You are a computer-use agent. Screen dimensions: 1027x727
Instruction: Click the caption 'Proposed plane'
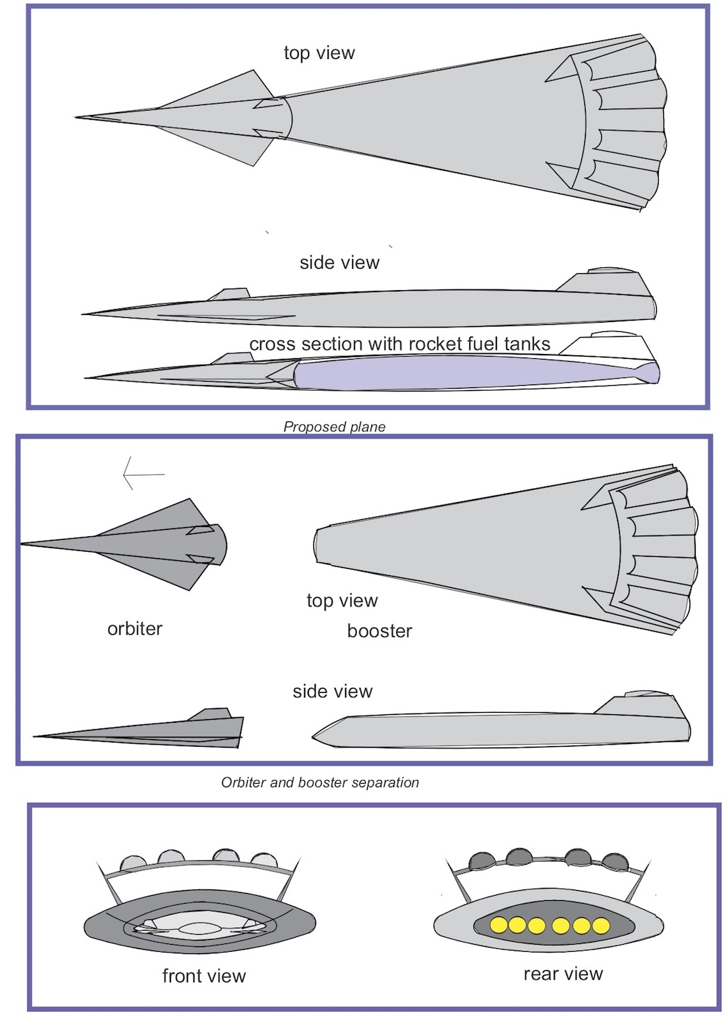coord(334,427)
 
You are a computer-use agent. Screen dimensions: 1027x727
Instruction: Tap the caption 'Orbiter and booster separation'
coord(320,783)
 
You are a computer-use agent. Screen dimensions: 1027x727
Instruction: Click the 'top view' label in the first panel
coord(319,53)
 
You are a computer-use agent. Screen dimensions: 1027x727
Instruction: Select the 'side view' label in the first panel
coord(339,263)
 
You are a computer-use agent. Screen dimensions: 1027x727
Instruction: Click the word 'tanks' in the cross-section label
coord(527,345)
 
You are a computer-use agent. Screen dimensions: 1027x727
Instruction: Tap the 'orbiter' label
coord(135,629)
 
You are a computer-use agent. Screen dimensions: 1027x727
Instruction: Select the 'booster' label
coord(380,631)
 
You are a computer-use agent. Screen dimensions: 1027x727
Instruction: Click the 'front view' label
coord(204,977)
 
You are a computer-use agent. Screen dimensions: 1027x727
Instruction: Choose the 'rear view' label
coord(563,975)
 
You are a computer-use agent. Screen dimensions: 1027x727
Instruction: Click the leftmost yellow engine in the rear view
coord(499,925)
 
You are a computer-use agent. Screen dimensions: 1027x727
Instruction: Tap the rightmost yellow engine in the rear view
coord(601,926)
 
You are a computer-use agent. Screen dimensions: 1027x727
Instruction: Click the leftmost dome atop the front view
coord(133,863)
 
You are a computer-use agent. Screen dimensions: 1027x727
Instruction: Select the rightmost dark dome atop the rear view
coord(615,862)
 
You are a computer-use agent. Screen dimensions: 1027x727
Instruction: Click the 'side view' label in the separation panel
coord(332,692)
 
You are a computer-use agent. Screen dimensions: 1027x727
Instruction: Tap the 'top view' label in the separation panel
coord(342,601)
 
